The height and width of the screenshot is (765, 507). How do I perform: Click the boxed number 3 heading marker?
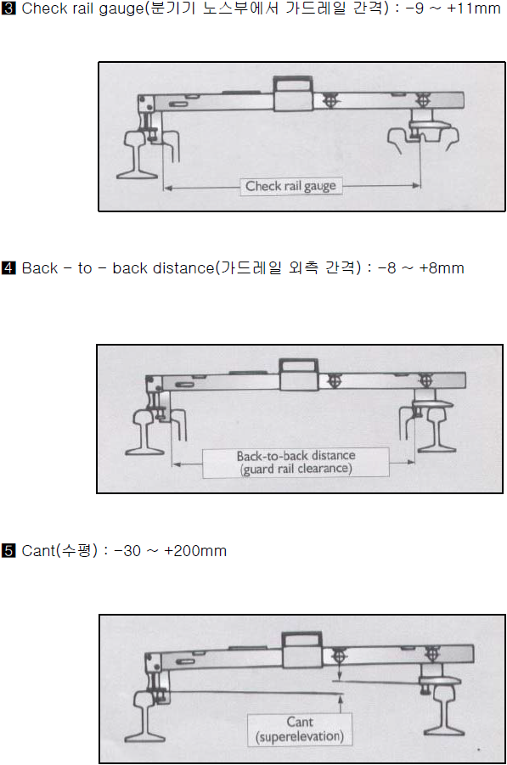tap(8, 8)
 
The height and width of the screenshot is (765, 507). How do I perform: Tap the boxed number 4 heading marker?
tap(8, 267)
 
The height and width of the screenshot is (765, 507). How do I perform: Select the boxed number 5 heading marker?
tap(8, 550)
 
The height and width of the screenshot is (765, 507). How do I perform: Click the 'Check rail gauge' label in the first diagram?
tap(290, 186)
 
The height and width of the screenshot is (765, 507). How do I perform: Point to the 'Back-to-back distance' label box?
tap(296, 462)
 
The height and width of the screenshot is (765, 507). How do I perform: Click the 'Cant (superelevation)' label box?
tap(300, 729)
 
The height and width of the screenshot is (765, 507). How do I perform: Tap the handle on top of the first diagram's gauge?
tap(293, 83)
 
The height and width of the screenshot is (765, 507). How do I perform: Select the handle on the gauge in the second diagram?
tap(299, 367)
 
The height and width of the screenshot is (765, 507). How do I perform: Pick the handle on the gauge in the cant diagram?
tap(302, 639)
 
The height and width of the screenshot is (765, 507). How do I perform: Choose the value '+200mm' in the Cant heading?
tap(195, 551)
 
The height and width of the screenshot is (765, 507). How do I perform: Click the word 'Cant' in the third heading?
tap(38, 551)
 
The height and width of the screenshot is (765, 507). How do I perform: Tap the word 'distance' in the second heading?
tap(183, 267)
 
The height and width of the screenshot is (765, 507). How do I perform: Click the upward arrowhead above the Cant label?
tap(340, 698)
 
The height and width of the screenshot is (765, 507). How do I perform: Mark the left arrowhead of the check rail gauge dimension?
tap(167, 188)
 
